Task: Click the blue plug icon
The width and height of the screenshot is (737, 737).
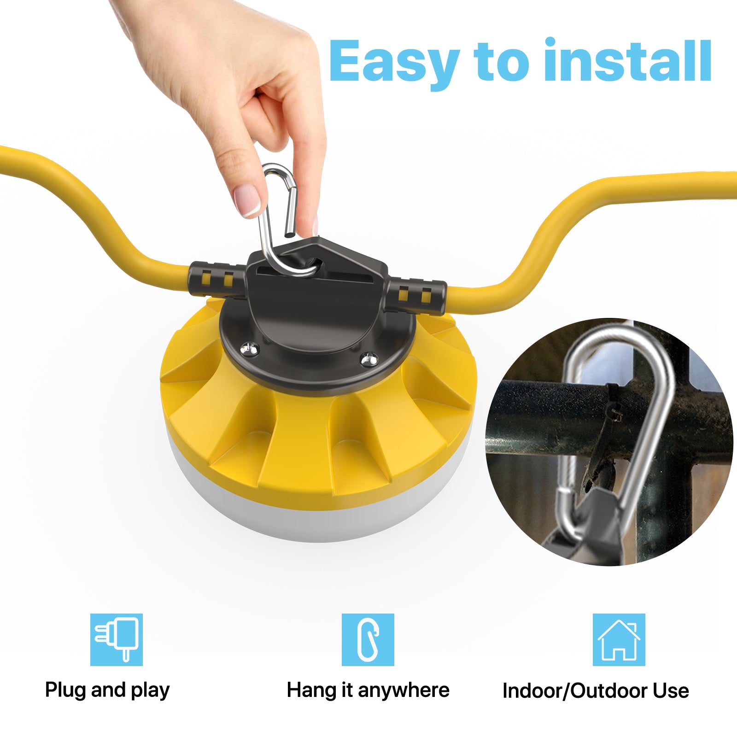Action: click(117, 639)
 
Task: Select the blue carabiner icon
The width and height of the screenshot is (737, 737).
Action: click(368, 639)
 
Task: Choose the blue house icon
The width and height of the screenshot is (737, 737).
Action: click(619, 639)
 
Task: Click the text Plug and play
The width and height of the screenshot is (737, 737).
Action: click(107, 690)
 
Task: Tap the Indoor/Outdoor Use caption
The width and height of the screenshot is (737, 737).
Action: click(596, 691)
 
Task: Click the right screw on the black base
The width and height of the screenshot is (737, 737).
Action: click(368, 358)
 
